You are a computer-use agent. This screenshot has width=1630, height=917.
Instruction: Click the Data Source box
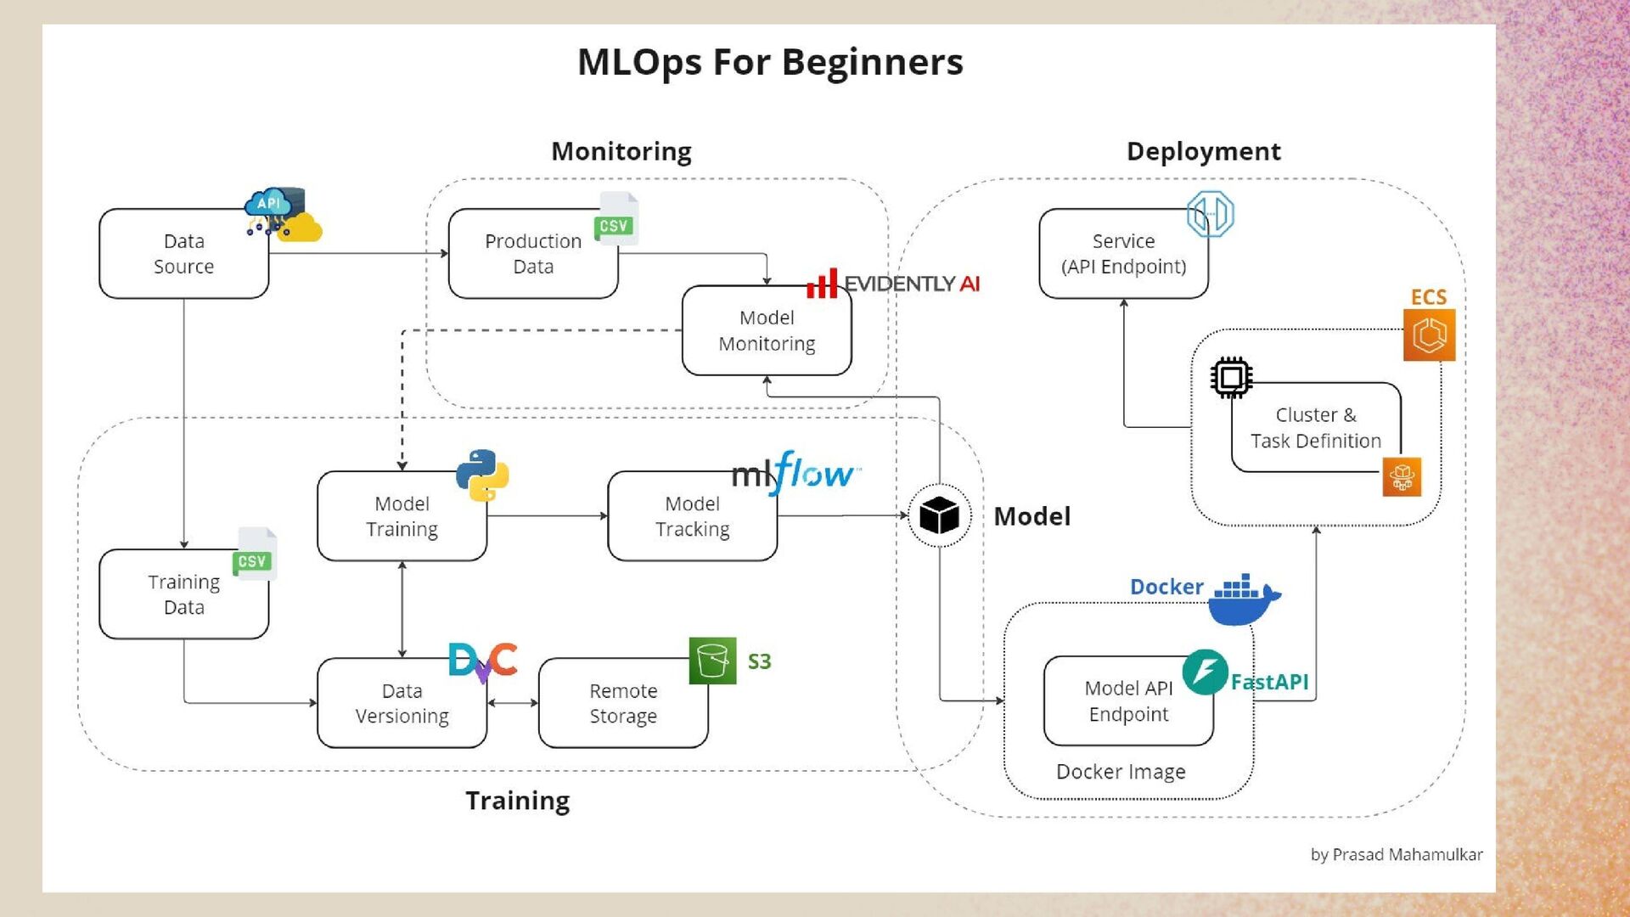tap(183, 254)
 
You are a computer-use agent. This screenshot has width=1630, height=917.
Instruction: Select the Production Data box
tap(532, 254)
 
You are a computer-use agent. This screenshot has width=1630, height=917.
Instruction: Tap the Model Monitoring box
tap(766, 330)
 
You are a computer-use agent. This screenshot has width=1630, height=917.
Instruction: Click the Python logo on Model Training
tap(482, 475)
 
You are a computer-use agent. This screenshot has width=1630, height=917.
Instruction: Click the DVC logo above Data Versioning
tap(482, 661)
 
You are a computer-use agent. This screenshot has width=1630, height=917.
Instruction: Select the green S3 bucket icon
tap(712, 661)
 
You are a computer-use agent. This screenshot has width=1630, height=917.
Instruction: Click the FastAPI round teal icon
tap(1205, 672)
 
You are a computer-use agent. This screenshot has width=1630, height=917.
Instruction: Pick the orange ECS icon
tap(1429, 335)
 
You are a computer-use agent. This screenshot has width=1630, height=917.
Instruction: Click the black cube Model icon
tap(939, 515)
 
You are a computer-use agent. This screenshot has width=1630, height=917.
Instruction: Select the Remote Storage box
tap(623, 703)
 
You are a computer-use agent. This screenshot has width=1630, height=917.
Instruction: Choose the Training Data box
tap(183, 594)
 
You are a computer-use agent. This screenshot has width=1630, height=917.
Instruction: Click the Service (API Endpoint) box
tap(1123, 254)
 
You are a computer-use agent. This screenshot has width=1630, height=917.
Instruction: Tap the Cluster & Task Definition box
tap(1315, 428)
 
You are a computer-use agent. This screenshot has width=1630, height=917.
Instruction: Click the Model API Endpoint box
tap(1128, 701)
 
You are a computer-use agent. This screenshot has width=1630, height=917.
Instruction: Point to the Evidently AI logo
tap(893, 284)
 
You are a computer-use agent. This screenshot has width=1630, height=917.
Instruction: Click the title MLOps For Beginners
tap(770, 62)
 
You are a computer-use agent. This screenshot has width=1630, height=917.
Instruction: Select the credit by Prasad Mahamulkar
tap(1396, 855)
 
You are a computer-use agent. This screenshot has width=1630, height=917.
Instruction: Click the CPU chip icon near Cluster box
tap(1231, 377)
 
